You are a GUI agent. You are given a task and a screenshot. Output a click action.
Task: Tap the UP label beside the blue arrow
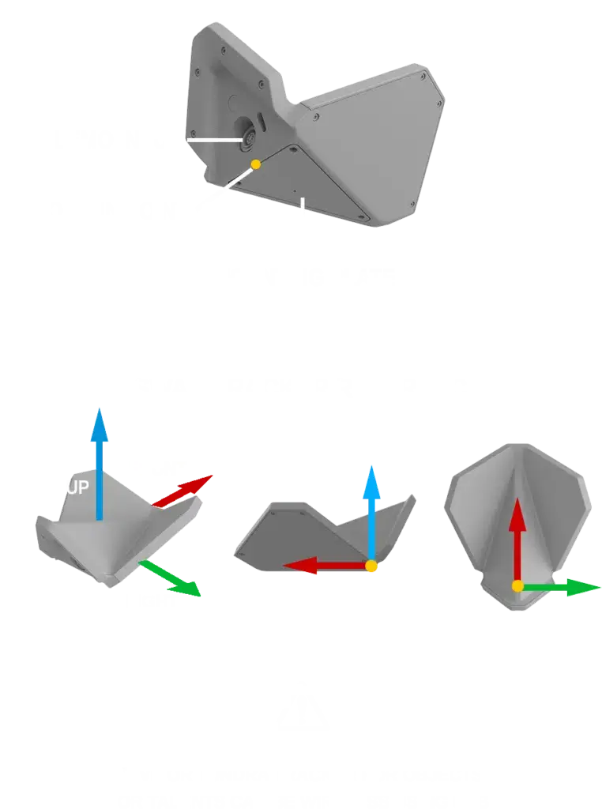tap(77, 487)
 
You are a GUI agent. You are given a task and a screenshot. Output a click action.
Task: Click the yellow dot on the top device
tap(255, 164)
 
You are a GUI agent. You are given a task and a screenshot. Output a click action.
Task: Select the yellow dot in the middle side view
tap(371, 566)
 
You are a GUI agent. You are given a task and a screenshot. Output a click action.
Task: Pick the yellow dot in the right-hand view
tap(517, 586)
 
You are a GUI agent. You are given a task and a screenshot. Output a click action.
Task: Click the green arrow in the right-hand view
tap(561, 587)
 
